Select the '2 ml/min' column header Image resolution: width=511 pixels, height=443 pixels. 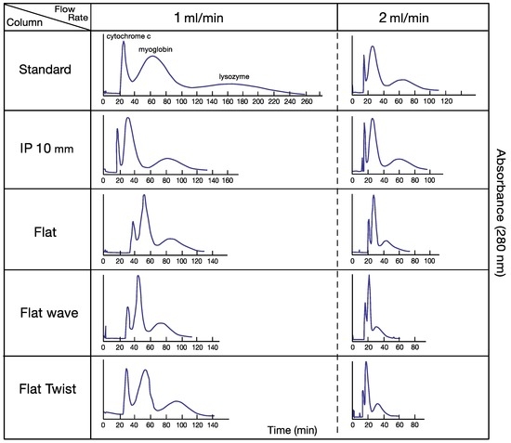click(x=404, y=17)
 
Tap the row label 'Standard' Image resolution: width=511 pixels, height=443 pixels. click(x=46, y=70)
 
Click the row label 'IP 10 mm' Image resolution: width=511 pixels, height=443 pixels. click(x=46, y=149)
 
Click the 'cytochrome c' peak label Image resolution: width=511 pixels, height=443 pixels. click(x=129, y=36)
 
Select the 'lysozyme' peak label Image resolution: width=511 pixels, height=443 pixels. click(x=233, y=77)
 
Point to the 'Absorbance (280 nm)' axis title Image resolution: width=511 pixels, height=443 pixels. click(x=499, y=223)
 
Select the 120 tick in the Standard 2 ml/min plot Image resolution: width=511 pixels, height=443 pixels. click(x=443, y=103)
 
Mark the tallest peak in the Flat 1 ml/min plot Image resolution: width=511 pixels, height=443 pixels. click(x=144, y=196)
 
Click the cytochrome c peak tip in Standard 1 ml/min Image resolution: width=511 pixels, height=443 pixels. click(x=123, y=42)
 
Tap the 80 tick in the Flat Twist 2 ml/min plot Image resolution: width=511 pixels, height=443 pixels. click(x=413, y=424)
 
